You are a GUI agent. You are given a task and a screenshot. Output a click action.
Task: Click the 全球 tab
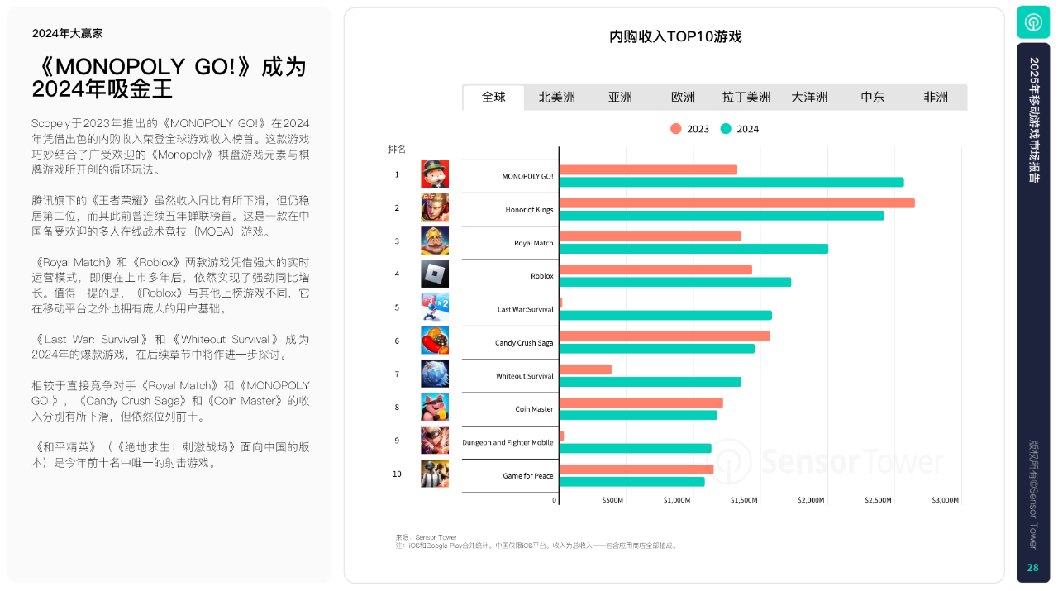pyautogui.click(x=493, y=98)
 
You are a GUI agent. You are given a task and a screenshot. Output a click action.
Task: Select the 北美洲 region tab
pyautogui.click(x=557, y=98)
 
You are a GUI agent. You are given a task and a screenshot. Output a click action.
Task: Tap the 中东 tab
pyautogui.click(x=872, y=98)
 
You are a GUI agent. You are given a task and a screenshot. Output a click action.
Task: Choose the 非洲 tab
pyautogui.click(x=936, y=98)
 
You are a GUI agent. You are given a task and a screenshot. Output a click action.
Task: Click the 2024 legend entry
pyautogui.click(x=739, y=129)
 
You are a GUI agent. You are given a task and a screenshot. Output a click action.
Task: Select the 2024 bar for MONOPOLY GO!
pyautogui.click(x=732, y=182)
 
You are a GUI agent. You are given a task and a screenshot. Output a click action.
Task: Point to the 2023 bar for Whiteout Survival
pyautogui.click(x=586, y=369)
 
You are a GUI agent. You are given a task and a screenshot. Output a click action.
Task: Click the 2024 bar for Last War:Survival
pyautogui.click(x=665, y=315)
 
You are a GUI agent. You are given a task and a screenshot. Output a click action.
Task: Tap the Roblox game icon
pyautogui.click(x=435, y=274)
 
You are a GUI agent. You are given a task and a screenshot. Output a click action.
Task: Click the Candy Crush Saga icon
pyautogui.click(x=435, y=341)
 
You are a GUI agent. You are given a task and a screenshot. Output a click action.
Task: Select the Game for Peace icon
pyautogui.click(x=435, y=474)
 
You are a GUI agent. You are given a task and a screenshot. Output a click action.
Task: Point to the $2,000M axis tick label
pyautogui.click(x=811, y=500)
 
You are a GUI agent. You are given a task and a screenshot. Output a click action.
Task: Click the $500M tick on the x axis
pyautogui.click(x=612, y=500)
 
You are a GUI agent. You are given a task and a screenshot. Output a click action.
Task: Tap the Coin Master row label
pyautogui.click(x=534, y=409)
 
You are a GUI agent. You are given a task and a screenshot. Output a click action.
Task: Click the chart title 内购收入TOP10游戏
pyautogui.click(x=675, y=37)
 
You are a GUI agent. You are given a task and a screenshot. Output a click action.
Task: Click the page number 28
pyautogui.click(x=1032, y=568)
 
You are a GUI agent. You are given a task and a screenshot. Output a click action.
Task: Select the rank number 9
pyautogui.click(x=397, y=441)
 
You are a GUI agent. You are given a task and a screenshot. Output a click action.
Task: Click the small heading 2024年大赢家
pyautogui.click(x=68, y=34)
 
